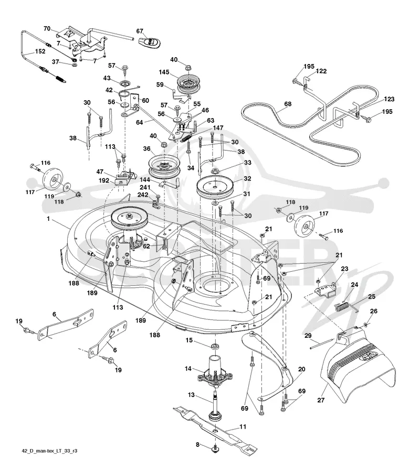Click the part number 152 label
40,51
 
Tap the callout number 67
140,31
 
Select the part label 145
164,72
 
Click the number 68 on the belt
288,104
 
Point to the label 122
321,71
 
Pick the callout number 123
389,99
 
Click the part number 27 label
321,400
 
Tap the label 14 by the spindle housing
188,368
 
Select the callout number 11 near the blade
243,426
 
